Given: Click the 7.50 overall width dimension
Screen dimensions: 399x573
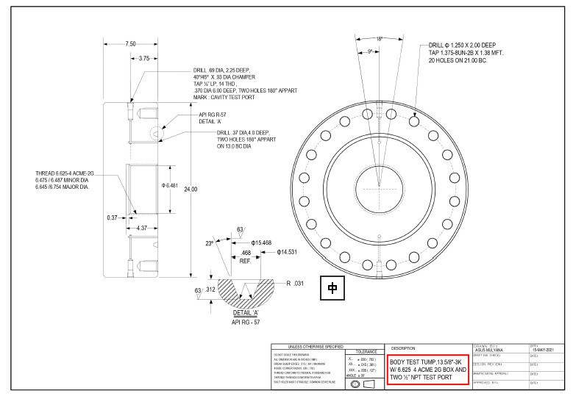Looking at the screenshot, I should pyautogui.click(x=130, y=44).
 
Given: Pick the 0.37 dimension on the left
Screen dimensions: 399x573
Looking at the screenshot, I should pyautogui.click(x=112, y=218).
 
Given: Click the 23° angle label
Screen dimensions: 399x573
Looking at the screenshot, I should pyautogui.click(x=209, y=242).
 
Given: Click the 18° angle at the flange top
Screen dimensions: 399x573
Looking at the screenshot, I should pyautogui.click(x=380, y=38).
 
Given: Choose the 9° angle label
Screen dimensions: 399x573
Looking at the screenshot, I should pyautogui.click(x=371, y=51).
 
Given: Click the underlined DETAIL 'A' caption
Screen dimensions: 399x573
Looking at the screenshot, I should pyautogui.click(x=236, y=313).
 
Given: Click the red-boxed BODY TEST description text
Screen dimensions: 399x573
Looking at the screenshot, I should pyautogui.click(x=427, y=369).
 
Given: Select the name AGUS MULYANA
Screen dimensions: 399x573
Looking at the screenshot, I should pyautogui.click(x=490, y=351).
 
